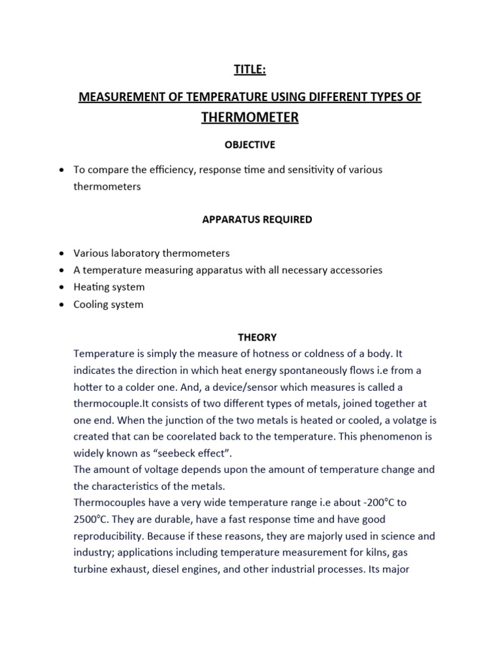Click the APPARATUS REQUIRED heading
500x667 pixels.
(257, 220)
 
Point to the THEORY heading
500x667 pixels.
(257, 337)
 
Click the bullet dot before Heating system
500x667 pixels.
(61, 287)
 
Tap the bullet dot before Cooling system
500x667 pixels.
(61, 304)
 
